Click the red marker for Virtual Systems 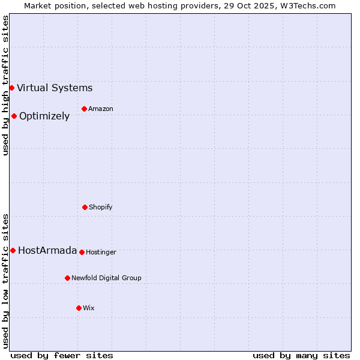click(x=11, y=88)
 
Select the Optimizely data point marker click(x=14, y=116)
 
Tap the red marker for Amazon click(x=84, y=109)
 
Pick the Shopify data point click(x=85, y=208)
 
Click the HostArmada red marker click(x=13, y=251)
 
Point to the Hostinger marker click(x=82, y=253)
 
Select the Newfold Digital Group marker click(x=67, y=278)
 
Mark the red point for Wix click(x=79, y=308)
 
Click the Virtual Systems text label click(x=55, y=88)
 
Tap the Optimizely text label click(x=44, y=116)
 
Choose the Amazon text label click(x=101, y=109)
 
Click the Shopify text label click(x=101, y=208)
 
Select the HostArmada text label click(x=47, y=251)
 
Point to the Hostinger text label click(x=101, y=253)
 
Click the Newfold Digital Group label click(x=106, y=278)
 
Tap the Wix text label click(x=89, y=308)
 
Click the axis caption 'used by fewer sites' click(x=62, y=356)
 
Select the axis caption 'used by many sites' click(x=301, y=356)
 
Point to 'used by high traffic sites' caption click(x=5, y=85)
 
